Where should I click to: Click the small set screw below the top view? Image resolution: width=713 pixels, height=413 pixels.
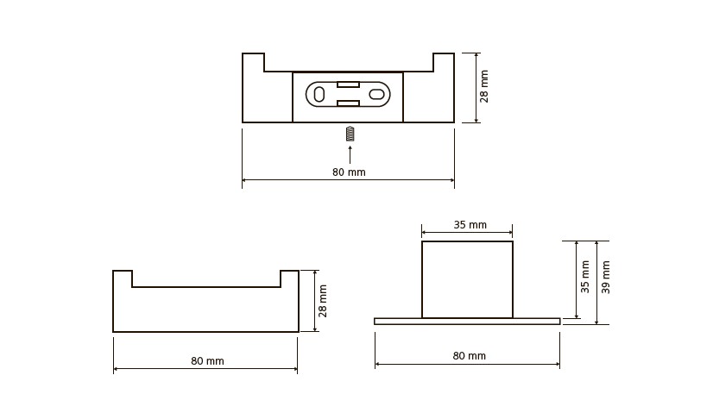pos(350,135)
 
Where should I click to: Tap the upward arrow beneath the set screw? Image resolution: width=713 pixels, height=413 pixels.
pos(350,154)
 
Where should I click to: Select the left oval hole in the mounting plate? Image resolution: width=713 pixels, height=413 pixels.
pos(319,95)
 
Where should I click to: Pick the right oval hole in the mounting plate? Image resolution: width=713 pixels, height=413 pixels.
pos(377,95)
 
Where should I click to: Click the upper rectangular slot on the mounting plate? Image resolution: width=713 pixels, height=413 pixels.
pos(349,84)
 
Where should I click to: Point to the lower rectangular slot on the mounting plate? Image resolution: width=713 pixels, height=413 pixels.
pos(349,104)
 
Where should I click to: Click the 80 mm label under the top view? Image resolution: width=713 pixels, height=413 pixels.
pos(349,172)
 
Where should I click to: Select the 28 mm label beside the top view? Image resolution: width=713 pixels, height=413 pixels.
pos(483,86)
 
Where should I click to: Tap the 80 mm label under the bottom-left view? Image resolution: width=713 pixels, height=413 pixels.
pos(207,361)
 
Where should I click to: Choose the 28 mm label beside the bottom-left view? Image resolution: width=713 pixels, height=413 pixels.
pos(322,301)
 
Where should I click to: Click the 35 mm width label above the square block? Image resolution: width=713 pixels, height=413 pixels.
pos(470,225)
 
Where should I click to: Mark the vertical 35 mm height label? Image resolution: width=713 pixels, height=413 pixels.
pos(584,277)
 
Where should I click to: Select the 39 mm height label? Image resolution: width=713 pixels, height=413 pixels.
pos(606,277)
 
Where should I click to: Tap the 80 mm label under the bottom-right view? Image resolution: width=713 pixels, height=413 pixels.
pos(470,356)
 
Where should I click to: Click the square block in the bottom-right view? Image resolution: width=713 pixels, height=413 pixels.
pos(468,279)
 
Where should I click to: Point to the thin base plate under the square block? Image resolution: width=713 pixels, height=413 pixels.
pos(467,322)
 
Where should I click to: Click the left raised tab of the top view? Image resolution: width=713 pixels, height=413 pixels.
pos(253,62)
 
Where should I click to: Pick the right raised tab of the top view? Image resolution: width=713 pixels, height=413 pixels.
pos(444,62)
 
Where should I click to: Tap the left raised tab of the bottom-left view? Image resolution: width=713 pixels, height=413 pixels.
pos(123,278)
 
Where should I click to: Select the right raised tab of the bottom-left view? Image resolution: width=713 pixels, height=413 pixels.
pos(289,278)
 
